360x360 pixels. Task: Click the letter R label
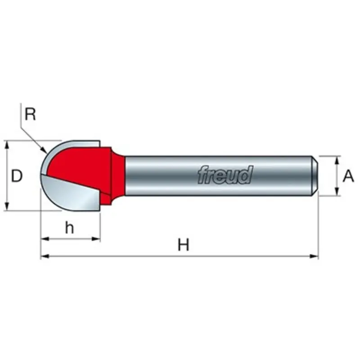(x=30, y=114)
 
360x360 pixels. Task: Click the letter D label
(x=17, y=176)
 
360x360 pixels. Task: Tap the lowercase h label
(x=70, y=228)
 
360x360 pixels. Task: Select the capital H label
(x=184, y=245)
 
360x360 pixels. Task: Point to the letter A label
(x=348, y=176)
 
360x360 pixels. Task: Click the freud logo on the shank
(x=225, y=175)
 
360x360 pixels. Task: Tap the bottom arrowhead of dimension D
(x=7, y=206)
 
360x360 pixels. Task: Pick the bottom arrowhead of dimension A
(x=337, y=191)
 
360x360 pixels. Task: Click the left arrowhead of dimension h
(x=45, y=239)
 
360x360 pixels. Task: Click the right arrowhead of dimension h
(x=96, y=239)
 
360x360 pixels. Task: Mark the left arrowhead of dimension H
(x=45, y=256)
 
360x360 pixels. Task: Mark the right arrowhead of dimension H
(x=314, y=256)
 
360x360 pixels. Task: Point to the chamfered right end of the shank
(x=315, y=176)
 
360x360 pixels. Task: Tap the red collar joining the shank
(x=117, y=175)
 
